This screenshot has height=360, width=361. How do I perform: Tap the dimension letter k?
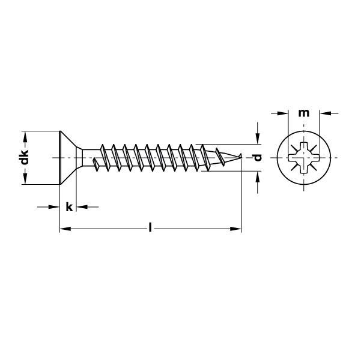[69, 207]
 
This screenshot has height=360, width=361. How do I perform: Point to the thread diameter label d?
[258, 158]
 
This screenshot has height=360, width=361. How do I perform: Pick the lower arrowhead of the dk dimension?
[25, 181]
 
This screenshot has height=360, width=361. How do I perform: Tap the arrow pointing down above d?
[258, 139]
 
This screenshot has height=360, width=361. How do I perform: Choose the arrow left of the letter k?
[55, 207]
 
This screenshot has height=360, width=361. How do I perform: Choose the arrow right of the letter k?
[84, 207]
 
